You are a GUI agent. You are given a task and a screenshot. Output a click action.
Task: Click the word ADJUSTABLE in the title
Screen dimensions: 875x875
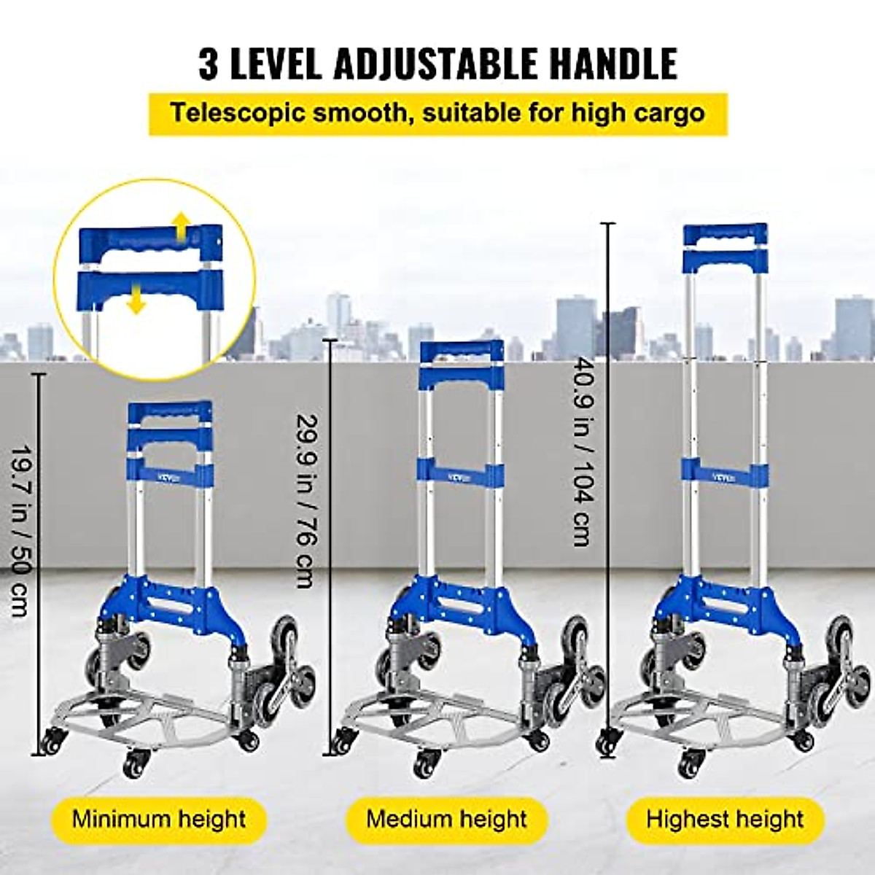point(437,63)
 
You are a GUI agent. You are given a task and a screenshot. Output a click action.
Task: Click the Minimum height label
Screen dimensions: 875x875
point(158,819)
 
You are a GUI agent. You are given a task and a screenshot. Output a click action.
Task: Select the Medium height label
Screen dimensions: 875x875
point(446,819)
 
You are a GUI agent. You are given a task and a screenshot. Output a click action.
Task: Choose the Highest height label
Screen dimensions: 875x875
point(725,819)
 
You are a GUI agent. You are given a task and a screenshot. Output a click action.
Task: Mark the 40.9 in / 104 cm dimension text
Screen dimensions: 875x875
point(583,451)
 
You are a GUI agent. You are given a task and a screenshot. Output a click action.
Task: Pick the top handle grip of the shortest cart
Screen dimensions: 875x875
point(170,411)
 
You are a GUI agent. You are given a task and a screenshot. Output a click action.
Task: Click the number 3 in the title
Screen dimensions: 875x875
point(209,63)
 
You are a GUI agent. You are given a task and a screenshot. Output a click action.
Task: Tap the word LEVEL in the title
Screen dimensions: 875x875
point(276,63)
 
